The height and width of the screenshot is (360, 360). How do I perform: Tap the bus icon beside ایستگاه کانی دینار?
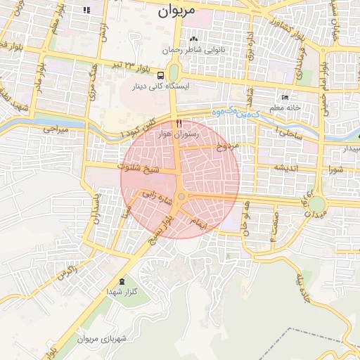(161, 75)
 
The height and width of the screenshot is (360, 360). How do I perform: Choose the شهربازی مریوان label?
(101, 339)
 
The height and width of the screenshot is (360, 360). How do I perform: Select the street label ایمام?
(199, 221)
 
